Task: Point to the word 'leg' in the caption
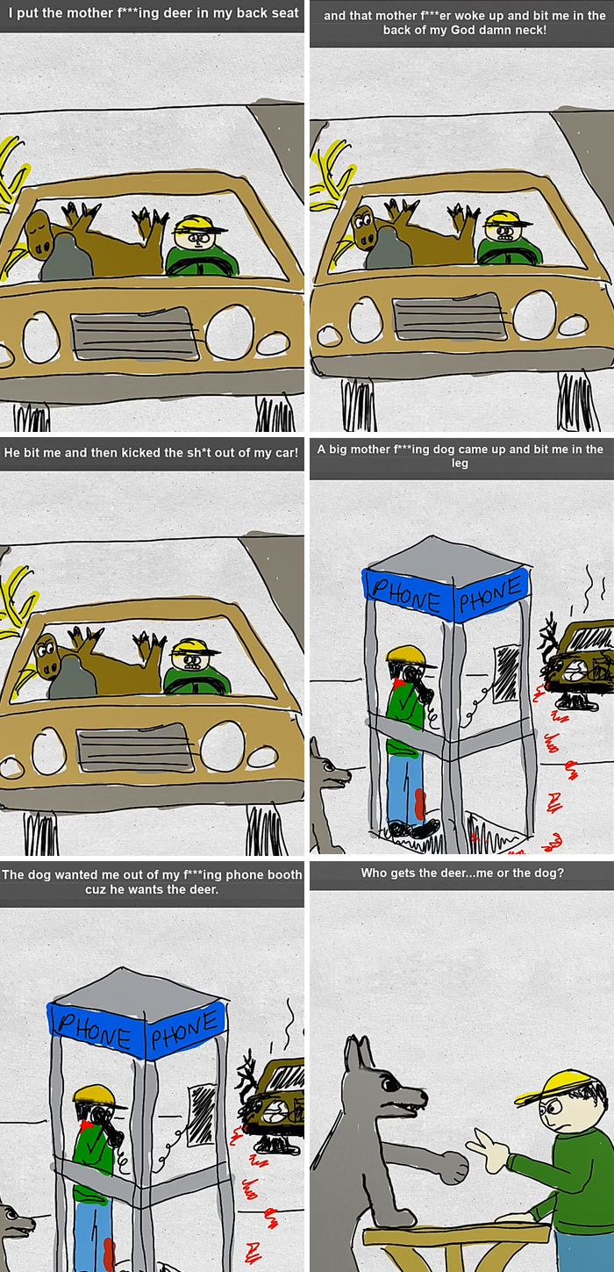click(460, 464)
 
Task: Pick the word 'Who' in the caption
click(375, 873)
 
